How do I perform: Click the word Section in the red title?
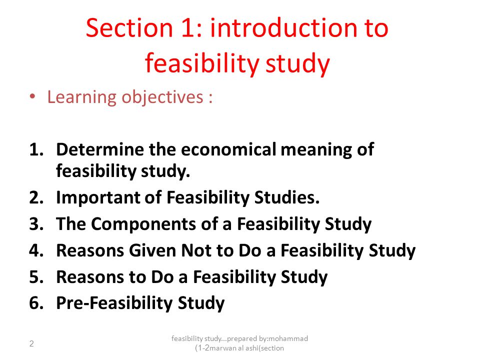[129, 28]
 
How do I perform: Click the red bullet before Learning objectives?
[32, 96]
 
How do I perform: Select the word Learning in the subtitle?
[81, 97]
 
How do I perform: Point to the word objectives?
[162, 97]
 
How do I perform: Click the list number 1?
[36, 149]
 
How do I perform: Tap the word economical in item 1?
[228, 149]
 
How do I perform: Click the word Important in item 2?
[98, 197]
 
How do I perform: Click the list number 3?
[36, 224]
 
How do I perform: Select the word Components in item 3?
[144, 224]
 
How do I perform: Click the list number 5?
[36, 277]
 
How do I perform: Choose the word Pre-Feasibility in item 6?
[114, 303]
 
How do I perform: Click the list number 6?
[36, 303]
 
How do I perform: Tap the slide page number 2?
[31, 344]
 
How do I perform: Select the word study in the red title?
[297, 63]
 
